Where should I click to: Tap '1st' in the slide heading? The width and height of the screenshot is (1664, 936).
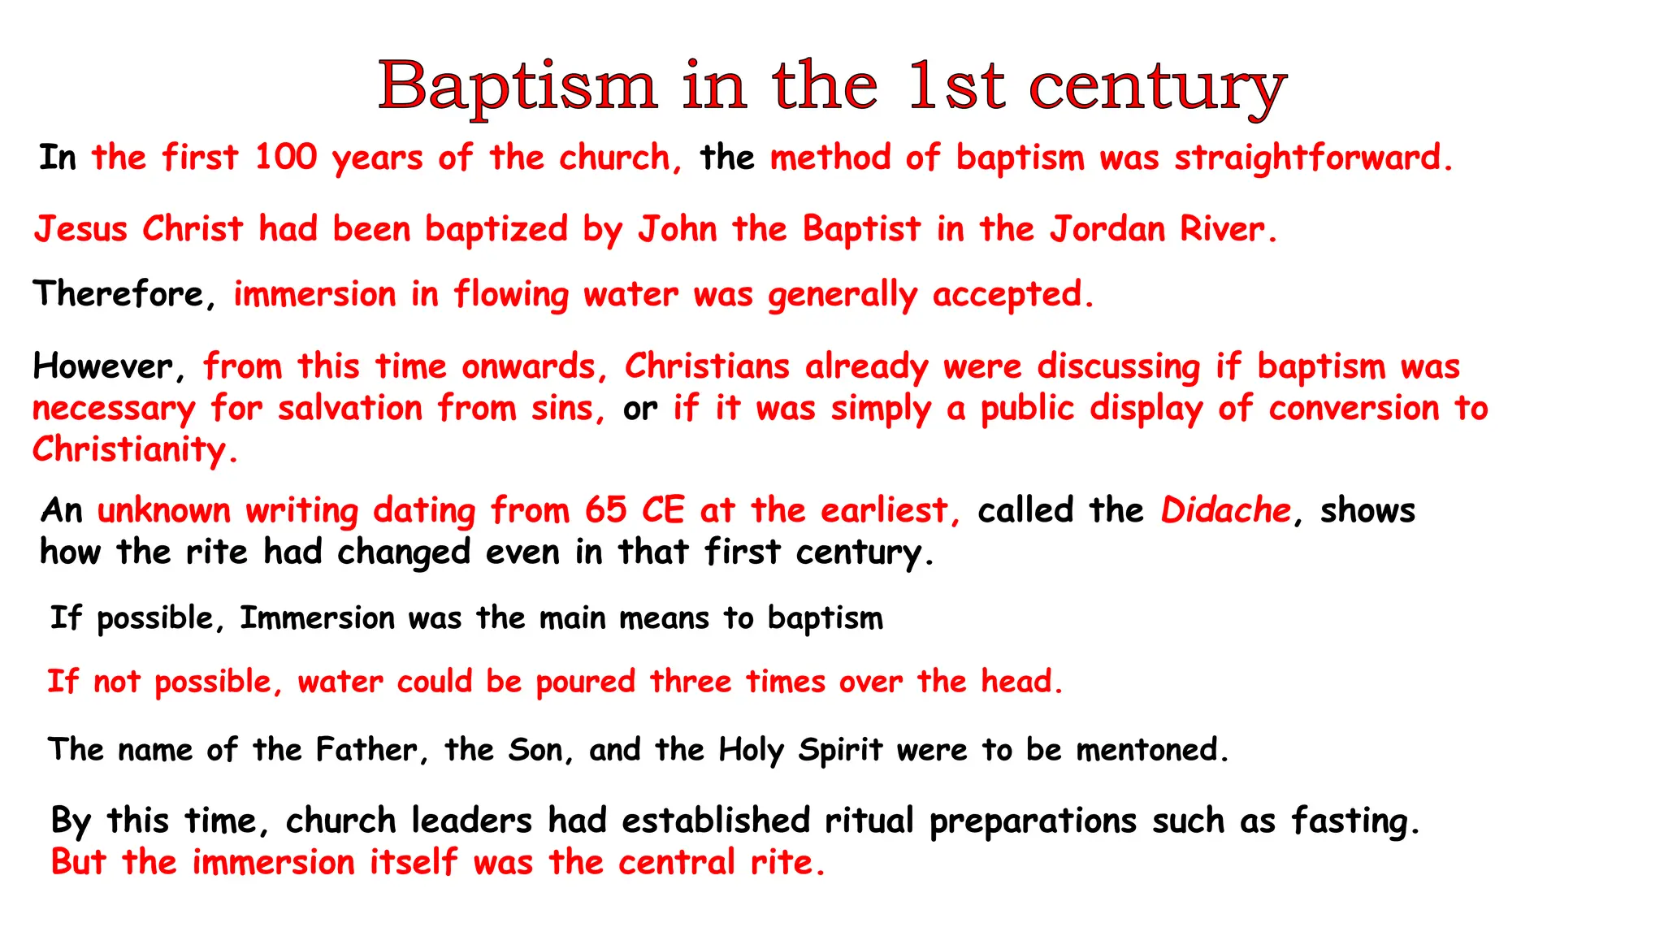click(x=956, y=86)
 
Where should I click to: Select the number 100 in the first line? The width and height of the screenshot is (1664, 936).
click(x=285, y=157)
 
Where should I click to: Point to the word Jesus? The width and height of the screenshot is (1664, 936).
click(x=80, y=229)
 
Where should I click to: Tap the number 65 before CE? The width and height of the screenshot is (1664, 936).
click(x=605, y=510)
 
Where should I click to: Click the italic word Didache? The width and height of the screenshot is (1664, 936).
click(x=1225, y=510)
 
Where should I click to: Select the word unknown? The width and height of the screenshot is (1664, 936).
click(x=163, y=510)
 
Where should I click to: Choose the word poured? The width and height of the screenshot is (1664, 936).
click(x=585, y=682)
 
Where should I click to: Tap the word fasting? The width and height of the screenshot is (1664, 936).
click(x=1354, y=821)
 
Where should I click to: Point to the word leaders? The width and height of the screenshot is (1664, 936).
click(x=471, y=821)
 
